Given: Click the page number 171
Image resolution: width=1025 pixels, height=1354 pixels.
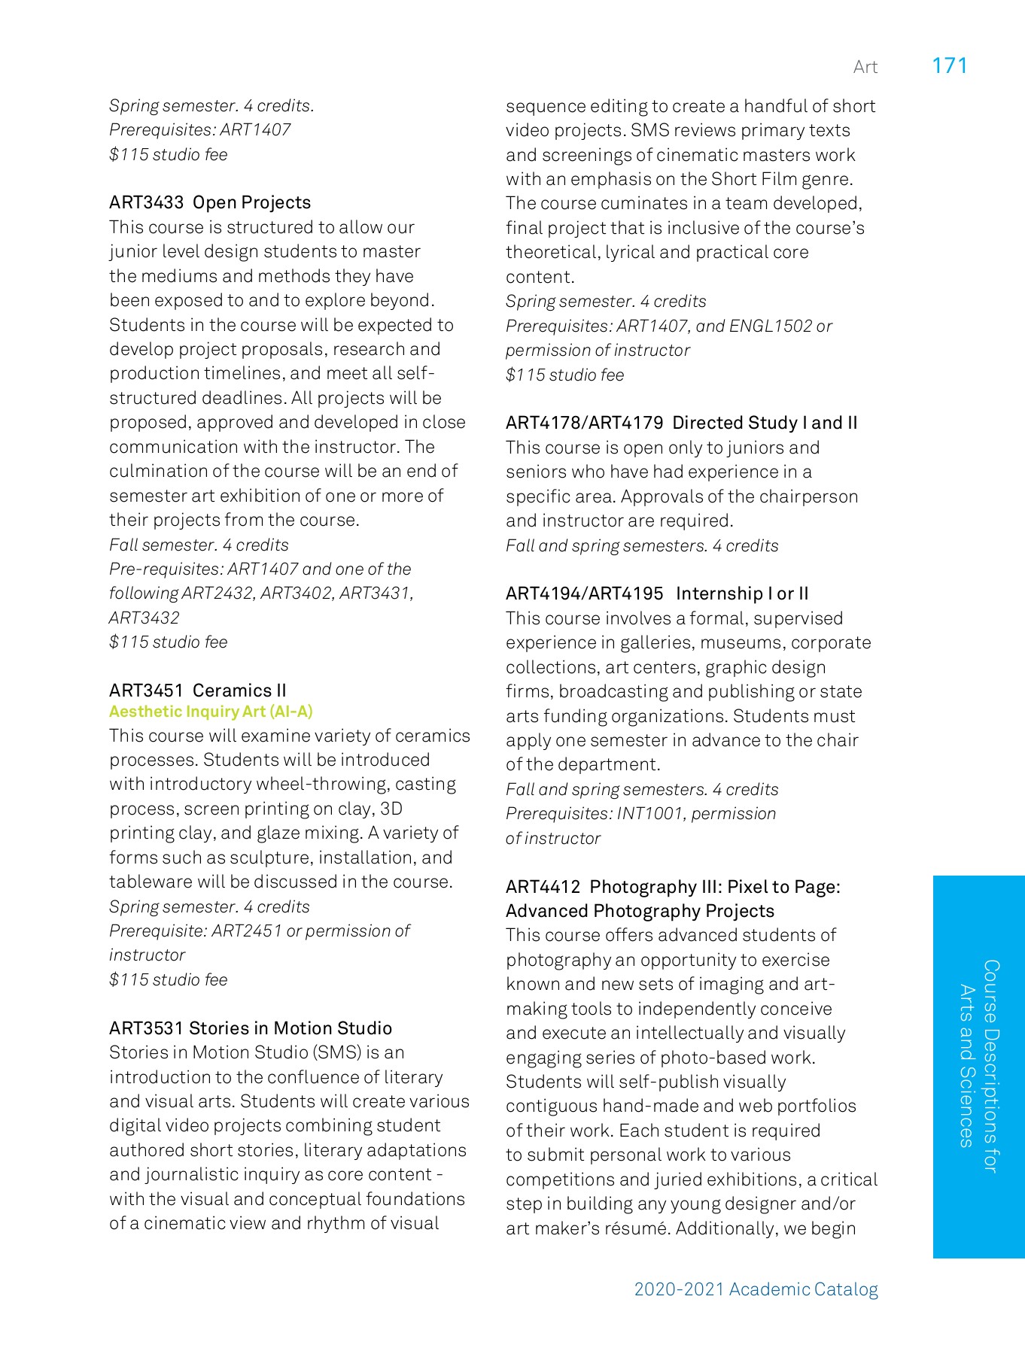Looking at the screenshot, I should pyautogui.click(x=949, y=66).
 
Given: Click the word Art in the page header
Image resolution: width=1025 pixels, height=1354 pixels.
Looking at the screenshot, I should pyautogui.click(x=865, y=68).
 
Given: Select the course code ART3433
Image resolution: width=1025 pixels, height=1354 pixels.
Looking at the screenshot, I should pyautogui.click(x=146, y=202).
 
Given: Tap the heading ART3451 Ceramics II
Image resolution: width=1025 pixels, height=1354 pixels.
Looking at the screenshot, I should pyautogui.click(x=197, y=690).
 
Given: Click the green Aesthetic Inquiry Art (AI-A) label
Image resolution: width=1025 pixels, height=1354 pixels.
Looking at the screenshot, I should pyautogui.click(x=211, y=712).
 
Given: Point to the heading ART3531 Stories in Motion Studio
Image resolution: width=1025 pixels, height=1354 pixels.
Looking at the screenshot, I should pyautogui.click(x=250, y=1028).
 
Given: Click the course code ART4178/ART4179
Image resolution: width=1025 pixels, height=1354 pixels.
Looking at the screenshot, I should pyautogui.click(x=584, y=423).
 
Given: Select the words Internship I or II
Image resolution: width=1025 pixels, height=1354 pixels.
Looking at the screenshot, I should pyautogui.click(x=741, y=594).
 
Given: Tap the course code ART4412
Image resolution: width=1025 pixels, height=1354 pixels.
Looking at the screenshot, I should pyautogui.click(x=543, y=887).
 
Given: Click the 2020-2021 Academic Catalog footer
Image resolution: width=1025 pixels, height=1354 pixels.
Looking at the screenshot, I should pyautogui.click(x=756, y=1289).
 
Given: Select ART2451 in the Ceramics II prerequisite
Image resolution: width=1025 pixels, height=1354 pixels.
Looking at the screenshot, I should pyautogui.click(x=246, y=931).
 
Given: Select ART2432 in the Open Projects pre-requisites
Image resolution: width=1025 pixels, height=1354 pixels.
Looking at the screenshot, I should pyautogui.click(x=217, y=594).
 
